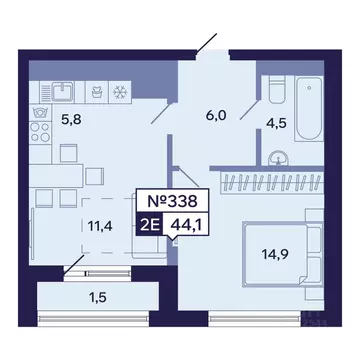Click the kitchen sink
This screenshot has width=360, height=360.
coord(62,91)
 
